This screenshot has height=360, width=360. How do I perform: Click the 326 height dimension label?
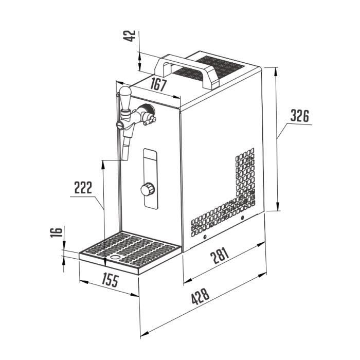(x=299, y=116)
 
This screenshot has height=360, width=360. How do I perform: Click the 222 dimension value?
(x=83, y=187)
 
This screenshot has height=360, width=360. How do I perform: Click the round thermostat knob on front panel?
(x=147, y=189)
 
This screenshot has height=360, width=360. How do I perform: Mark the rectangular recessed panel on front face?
(x=150, y=178)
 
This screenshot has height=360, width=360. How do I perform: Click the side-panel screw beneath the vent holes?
(x=205, y=237)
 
